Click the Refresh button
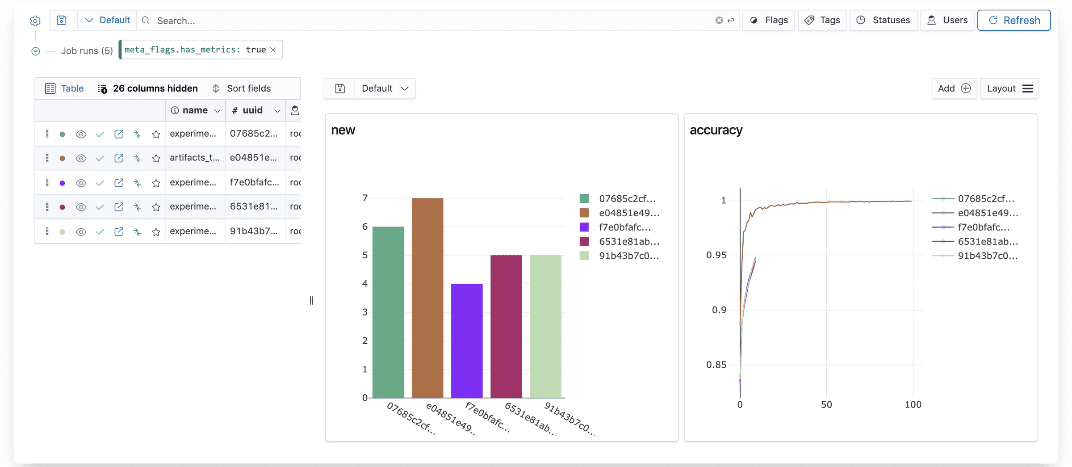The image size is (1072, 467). tap(1013, 20)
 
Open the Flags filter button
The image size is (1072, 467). tap(768, 20)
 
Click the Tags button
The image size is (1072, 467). tap(822, 20)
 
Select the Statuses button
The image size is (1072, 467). tap(883, 20)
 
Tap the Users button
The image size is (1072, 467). tap(947, 20)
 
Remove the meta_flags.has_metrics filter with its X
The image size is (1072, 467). tap(273, 50)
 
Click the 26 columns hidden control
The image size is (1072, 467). tap(148, 88)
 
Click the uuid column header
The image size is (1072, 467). tap(252, 110)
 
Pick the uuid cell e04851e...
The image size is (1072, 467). tap(253, 158)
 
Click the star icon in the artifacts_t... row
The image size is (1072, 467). tap(156, 158)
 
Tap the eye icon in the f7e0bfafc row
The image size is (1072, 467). tap(81, 183)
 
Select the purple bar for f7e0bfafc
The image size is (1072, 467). tap(467, 340)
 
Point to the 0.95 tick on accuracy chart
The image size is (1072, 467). tap(716, 255)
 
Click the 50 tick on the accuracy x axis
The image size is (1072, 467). tap(826, 404)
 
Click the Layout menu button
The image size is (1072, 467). tap(1009, 88)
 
